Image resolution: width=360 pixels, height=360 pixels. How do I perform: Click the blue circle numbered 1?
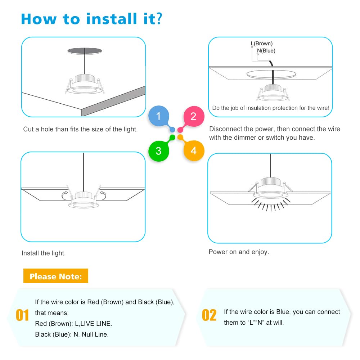(159, 116)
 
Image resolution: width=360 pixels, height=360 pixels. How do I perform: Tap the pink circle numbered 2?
(194, 116)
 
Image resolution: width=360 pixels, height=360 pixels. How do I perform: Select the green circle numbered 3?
(159, 150)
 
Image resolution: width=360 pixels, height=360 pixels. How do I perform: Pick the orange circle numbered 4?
(194, 150)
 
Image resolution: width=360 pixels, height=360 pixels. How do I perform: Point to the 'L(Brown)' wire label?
(262, 44)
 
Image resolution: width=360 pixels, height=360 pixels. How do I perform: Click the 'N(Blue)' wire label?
(266, 51)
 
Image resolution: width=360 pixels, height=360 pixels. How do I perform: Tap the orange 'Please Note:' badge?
(56, 276)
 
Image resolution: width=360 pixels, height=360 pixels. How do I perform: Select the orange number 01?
(22, 315)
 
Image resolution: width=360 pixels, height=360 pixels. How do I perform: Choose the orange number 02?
(209, 315)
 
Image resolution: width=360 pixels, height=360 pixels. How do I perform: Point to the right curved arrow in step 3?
(103, 195)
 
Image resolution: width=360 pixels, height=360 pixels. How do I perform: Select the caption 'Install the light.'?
(44, 253)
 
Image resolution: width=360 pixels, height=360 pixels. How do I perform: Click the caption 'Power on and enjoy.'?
(239, 252)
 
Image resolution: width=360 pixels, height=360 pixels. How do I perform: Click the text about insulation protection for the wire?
(271, 108)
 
